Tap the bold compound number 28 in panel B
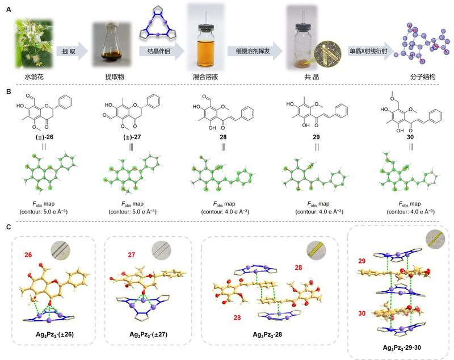(x=218, y=137)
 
